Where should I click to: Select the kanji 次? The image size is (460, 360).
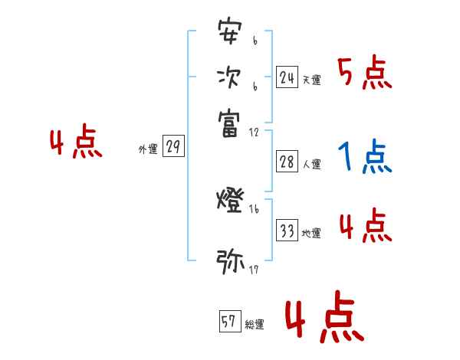coord(229,77)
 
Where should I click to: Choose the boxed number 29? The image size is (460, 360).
coord(174,147)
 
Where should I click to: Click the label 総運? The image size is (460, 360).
coord(255,325)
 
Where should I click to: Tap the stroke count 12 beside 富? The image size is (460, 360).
coord(255,132)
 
